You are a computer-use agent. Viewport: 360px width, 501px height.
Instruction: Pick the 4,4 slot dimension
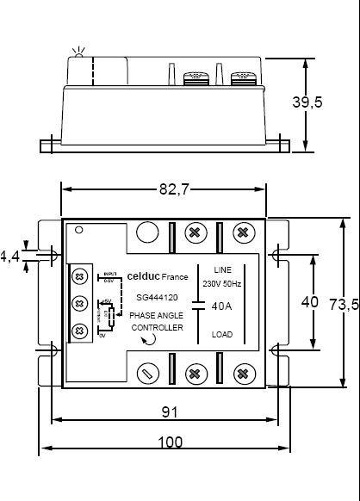9,256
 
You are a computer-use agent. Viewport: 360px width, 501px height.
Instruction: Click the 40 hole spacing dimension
309,302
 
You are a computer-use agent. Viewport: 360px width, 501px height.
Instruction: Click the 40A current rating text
222,305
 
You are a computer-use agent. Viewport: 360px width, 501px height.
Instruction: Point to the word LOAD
222,334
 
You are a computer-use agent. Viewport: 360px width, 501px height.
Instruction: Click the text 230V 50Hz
222,283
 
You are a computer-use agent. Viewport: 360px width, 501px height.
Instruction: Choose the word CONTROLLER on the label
156,327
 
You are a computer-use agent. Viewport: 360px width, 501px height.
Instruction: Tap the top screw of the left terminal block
79,275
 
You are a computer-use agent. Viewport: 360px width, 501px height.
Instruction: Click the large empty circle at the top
148,232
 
